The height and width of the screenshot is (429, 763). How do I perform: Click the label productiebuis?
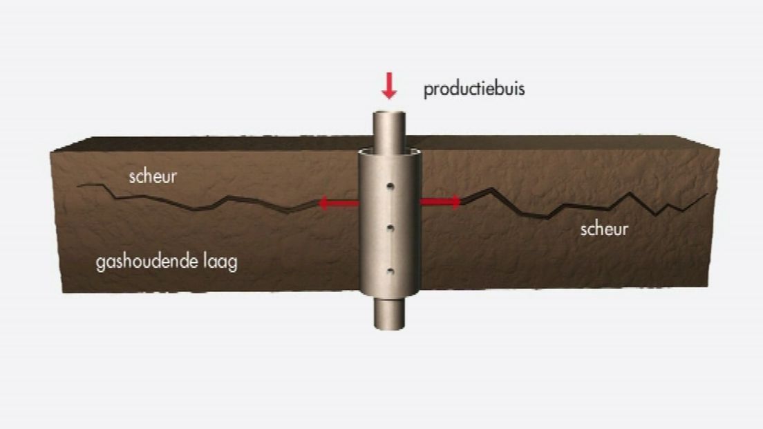(474, 89)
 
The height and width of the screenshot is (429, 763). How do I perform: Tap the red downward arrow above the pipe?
(389, 86)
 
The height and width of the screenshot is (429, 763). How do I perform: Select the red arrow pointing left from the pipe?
(338, 203)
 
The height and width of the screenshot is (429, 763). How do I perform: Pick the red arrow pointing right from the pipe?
(440, 201)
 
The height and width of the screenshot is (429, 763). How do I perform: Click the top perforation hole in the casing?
(390, 187)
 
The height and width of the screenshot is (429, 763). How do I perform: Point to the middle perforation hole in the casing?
(390, 228)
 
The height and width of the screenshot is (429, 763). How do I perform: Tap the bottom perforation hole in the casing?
(390, 272)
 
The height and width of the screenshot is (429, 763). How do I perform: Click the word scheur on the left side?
(153, 176)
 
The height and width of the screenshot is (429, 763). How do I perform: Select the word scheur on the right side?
(604, 229)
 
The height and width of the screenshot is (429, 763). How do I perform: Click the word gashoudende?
(147, 262)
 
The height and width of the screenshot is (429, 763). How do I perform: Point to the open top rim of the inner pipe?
(389, 114)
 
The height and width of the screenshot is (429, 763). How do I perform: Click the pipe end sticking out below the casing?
(389, 314)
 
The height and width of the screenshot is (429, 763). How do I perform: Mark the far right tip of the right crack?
(708, 194)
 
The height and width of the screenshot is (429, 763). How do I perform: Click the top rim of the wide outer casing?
(389, 152)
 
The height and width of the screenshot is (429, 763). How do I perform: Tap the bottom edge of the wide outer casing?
(389, 294)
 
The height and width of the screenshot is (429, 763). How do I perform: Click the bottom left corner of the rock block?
(62, 292)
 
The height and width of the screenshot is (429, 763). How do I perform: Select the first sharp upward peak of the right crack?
(493, 188)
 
